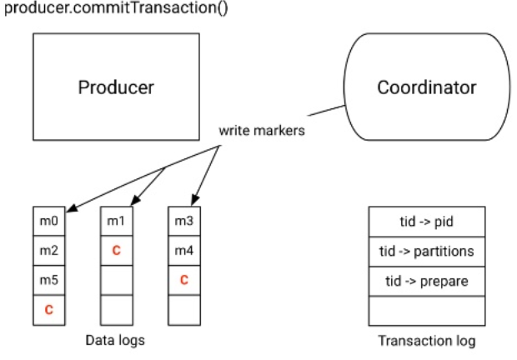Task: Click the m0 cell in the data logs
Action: (x=49, y=221)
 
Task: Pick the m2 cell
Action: (x=49, y=249)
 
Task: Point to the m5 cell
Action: (x=49, y=279)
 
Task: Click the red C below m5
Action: (x=49, y=309)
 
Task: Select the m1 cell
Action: (x=117, y=221)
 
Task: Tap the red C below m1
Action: (x=117, y=249)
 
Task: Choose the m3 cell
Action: (x=183, y=221)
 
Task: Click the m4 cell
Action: (x=183, y=249)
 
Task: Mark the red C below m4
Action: (x=183, y=279)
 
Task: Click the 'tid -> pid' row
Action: (x=427, y=221)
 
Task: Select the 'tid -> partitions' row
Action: (x=427, y=250)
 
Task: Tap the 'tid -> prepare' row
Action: (x=427, y=280)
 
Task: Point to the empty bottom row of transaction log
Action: (x=427, y=310)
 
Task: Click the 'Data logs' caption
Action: (x=116, y=340)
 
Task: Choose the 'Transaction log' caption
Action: (x=427, y=340)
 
